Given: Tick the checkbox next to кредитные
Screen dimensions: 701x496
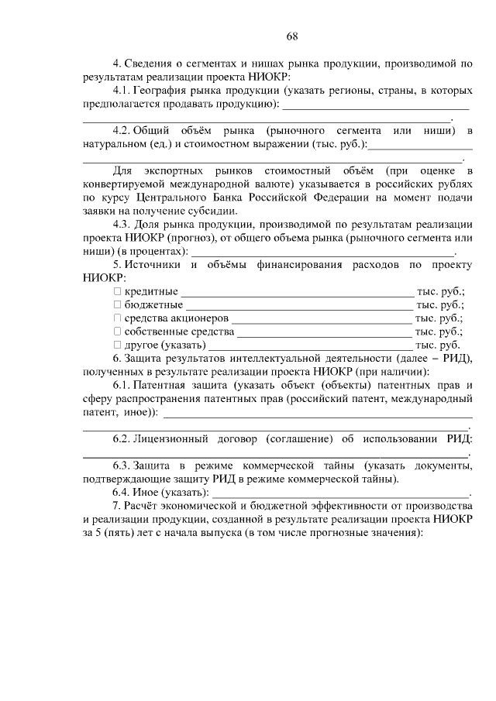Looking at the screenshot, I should [x=118, y=291].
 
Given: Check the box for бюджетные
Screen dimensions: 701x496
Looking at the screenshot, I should [x=118, y=304].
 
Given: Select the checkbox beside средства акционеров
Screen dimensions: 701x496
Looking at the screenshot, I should [x=118, y=318].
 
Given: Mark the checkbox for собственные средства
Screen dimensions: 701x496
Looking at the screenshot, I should [x=118, y=331].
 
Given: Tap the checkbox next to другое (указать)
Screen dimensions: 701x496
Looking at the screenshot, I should [x=118, y=344].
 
